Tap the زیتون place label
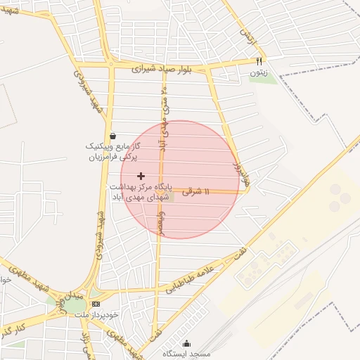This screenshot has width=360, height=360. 259,72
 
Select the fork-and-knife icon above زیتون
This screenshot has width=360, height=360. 259,61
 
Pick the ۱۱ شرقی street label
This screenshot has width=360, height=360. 196,191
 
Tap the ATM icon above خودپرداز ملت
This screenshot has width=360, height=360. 96,304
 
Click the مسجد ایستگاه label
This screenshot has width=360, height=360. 186,354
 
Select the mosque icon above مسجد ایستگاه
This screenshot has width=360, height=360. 186,344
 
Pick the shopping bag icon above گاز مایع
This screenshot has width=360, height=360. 113,136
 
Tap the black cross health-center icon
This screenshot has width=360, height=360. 141,175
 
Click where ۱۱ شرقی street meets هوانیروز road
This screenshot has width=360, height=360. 244,192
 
